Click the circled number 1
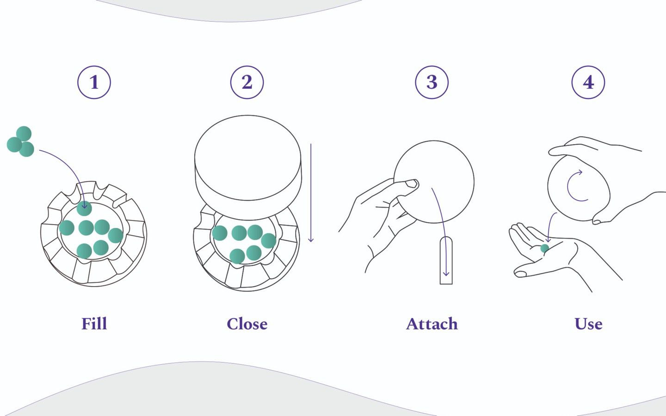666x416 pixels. (x=94, y=82)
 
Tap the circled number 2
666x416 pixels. (x=247, y=82)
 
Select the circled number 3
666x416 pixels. (x=432, y=82)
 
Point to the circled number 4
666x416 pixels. (x=588, y=82)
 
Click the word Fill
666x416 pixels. (x=94, y=324)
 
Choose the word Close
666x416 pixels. (x=247, y=324)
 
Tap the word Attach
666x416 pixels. (x=432, y=324)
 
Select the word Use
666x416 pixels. (x=588, y=324)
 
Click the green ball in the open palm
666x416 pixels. (x=544, y=248)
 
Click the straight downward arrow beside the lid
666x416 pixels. (x=311, y=193)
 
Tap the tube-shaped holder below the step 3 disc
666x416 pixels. (x=446, y=260)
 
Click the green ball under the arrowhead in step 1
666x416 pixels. (x=84, y=208)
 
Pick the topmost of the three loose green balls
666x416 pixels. (x=24, y=134)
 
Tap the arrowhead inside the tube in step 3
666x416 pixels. (x=446, y=273)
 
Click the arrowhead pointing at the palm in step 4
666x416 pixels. (x=548, y=239)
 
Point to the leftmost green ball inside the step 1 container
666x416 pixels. (x=67, y=228)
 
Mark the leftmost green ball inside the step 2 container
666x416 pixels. (x=220, y=233)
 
